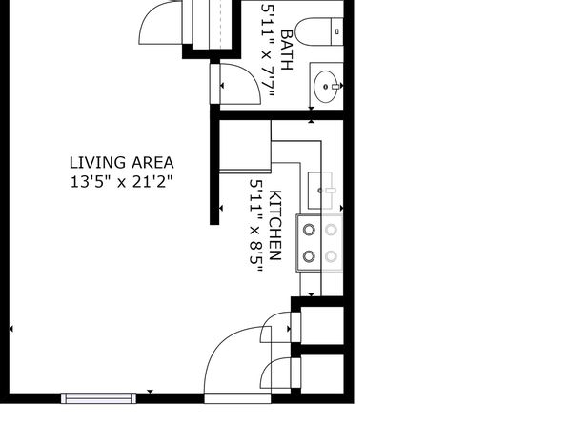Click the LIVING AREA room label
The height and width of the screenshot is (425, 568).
[121, 163]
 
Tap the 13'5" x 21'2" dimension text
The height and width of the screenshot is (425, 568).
[121, 181]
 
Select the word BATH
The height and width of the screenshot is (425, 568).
[287, 50]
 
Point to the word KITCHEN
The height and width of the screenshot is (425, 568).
[275, 225]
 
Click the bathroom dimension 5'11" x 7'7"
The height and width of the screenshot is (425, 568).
[268, 51]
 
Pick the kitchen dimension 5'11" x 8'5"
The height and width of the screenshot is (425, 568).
[255, 227]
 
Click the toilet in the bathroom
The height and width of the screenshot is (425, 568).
[319, 31]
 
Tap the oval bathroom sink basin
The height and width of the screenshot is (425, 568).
[326, 87]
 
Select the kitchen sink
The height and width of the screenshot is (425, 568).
[320, 191]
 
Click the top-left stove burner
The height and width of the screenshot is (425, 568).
[309, 230]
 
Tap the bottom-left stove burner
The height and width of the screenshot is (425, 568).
[309, 256]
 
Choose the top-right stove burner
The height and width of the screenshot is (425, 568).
[331, 230]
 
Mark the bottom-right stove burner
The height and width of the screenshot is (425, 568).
[331, 256]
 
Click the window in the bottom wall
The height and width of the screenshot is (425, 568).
[98, 398]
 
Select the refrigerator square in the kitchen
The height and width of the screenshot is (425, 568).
[245, 145]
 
